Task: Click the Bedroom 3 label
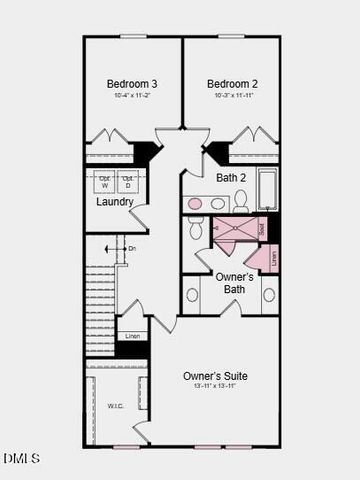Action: click(x=132, y=83)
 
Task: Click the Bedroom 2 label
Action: click(x=232, y=83)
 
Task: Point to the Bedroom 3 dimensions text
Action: click(x=132, y=95)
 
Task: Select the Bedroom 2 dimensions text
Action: click(x=232, y=95)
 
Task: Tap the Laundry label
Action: click(x=114, y=202)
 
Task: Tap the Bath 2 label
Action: click(x=232, y=177)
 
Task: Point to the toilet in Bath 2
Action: click(x=241, y=201)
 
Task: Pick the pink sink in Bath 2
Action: click(x=196, y=203)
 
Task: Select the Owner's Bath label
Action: click(x=234, y=282)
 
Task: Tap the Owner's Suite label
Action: click(x=215, y=376)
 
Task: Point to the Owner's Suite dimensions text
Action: click(x=215, y=388)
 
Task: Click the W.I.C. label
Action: click(x=116, y=406)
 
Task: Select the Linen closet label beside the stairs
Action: click(x=132, y=337)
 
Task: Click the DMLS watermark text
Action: click(x=21, y=458)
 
